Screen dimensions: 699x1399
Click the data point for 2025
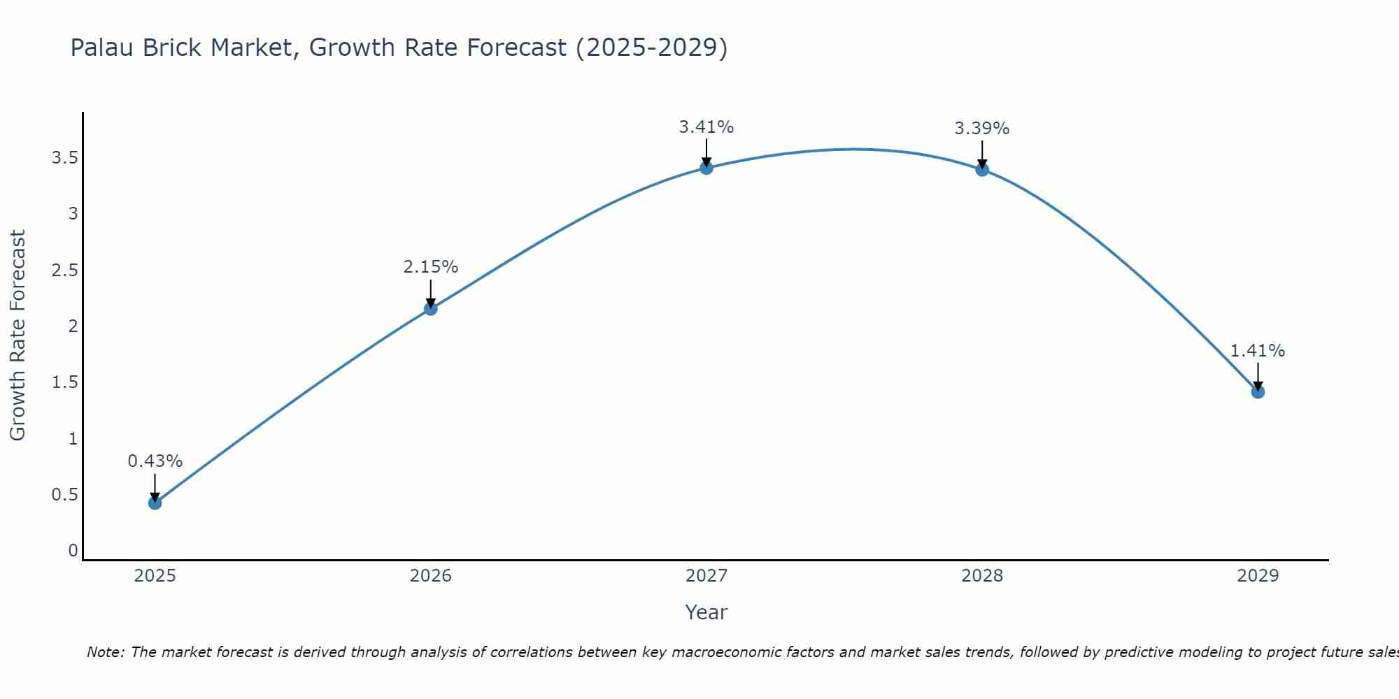pos(155,503)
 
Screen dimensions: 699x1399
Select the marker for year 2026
pos(431,308)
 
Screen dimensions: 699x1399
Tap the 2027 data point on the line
pos(706,168)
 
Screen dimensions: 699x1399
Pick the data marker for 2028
pos(982,169)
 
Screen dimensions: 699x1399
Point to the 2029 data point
pos(1258,391)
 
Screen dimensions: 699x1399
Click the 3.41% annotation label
pos(706,127)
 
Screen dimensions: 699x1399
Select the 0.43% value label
pos(155,461)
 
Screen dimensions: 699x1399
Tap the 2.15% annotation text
pos(431,267)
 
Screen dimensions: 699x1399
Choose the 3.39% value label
pos(982,129)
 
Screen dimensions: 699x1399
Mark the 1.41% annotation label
pos(1258,351)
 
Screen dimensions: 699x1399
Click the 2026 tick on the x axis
pos(431,576)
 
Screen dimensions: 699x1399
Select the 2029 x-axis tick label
pos(1258,576)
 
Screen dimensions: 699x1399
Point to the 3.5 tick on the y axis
pos(64,158)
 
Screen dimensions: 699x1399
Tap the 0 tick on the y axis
pos(73,551)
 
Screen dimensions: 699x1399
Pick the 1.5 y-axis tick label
pos(64,382)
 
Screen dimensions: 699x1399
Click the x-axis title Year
pos(706,612)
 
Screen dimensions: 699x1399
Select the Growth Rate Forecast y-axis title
pos(17,336)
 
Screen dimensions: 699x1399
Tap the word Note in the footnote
pos(105,652)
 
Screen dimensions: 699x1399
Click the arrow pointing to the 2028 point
pos(982,154)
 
